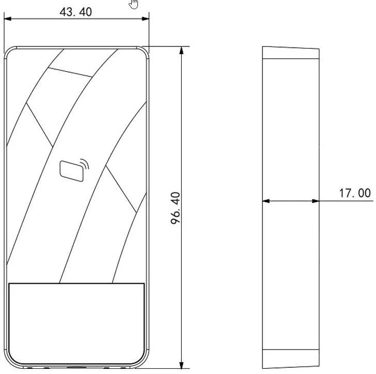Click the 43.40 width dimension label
point(75,12)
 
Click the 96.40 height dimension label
point(175,208)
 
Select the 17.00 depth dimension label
point(355,193)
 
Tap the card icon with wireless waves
point(74,170)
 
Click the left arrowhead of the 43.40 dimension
point(8,19)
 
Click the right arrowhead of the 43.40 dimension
point(146,19)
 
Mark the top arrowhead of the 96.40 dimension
point(181,50)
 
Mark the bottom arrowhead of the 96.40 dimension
point(181,365)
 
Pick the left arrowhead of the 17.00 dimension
point(266,201)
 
